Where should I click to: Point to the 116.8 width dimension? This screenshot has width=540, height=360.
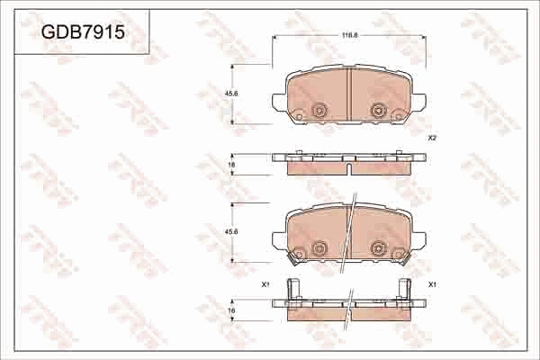click(x=348, y=35)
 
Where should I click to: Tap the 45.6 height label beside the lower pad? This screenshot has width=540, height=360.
click(x=231, y=231)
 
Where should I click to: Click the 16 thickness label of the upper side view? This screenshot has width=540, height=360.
click(x=231, y=166)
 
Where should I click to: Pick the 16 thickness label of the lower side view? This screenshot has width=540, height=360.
click(x=231, y=310)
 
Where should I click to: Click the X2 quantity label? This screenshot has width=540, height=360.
click(x=432, y=138)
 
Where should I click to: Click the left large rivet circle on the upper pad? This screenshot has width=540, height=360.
click(x=318, y=111)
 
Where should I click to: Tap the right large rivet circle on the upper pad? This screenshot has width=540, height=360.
click(x=378, y=111)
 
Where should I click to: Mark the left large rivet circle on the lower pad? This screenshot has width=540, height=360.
click(x=318, y=248)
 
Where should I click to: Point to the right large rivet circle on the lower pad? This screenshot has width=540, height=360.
click(x=378, y=248)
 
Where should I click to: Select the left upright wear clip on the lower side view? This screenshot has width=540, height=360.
click(x=290, y=291)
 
